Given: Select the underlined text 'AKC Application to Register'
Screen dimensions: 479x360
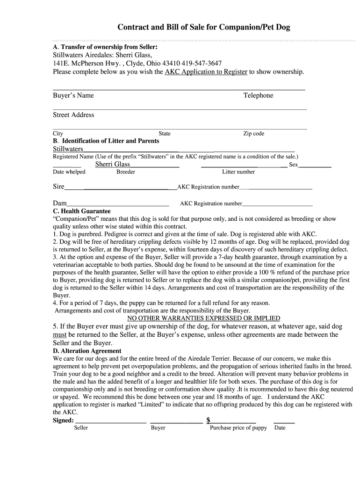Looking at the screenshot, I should click(206, 72).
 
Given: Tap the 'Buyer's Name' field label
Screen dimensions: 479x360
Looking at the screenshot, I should click(73, 95).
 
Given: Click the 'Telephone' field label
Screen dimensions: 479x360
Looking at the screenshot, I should click(258, 95).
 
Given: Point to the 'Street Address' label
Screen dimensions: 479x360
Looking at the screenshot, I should click(73, 115).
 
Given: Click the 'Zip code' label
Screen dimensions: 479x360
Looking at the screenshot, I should click(253, 134).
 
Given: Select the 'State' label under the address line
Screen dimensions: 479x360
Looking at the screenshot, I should click(165, 134).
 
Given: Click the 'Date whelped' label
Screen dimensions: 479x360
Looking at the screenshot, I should click(69, 172).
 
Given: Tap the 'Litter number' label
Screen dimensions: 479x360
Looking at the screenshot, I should click(238, 172).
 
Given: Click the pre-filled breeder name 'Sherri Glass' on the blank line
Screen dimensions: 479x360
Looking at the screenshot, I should click(113, 164).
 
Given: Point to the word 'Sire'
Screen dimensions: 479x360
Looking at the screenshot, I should click(58, 187).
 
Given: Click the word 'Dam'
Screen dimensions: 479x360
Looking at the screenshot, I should click(60, 203).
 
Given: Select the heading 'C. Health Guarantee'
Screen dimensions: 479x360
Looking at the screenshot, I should click(82, 211).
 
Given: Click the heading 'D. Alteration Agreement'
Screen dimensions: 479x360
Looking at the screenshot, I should click(87, 351).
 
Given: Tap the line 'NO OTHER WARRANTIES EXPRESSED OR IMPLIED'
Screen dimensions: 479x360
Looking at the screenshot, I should click(204, 318).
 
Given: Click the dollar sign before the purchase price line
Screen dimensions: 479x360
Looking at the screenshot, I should click(208, 420).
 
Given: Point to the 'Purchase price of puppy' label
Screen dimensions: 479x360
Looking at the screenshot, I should click(238, 428).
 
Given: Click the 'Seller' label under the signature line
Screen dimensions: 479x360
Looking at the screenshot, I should click(81, 428).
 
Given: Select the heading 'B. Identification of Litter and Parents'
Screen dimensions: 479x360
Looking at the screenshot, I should click(106, 141).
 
